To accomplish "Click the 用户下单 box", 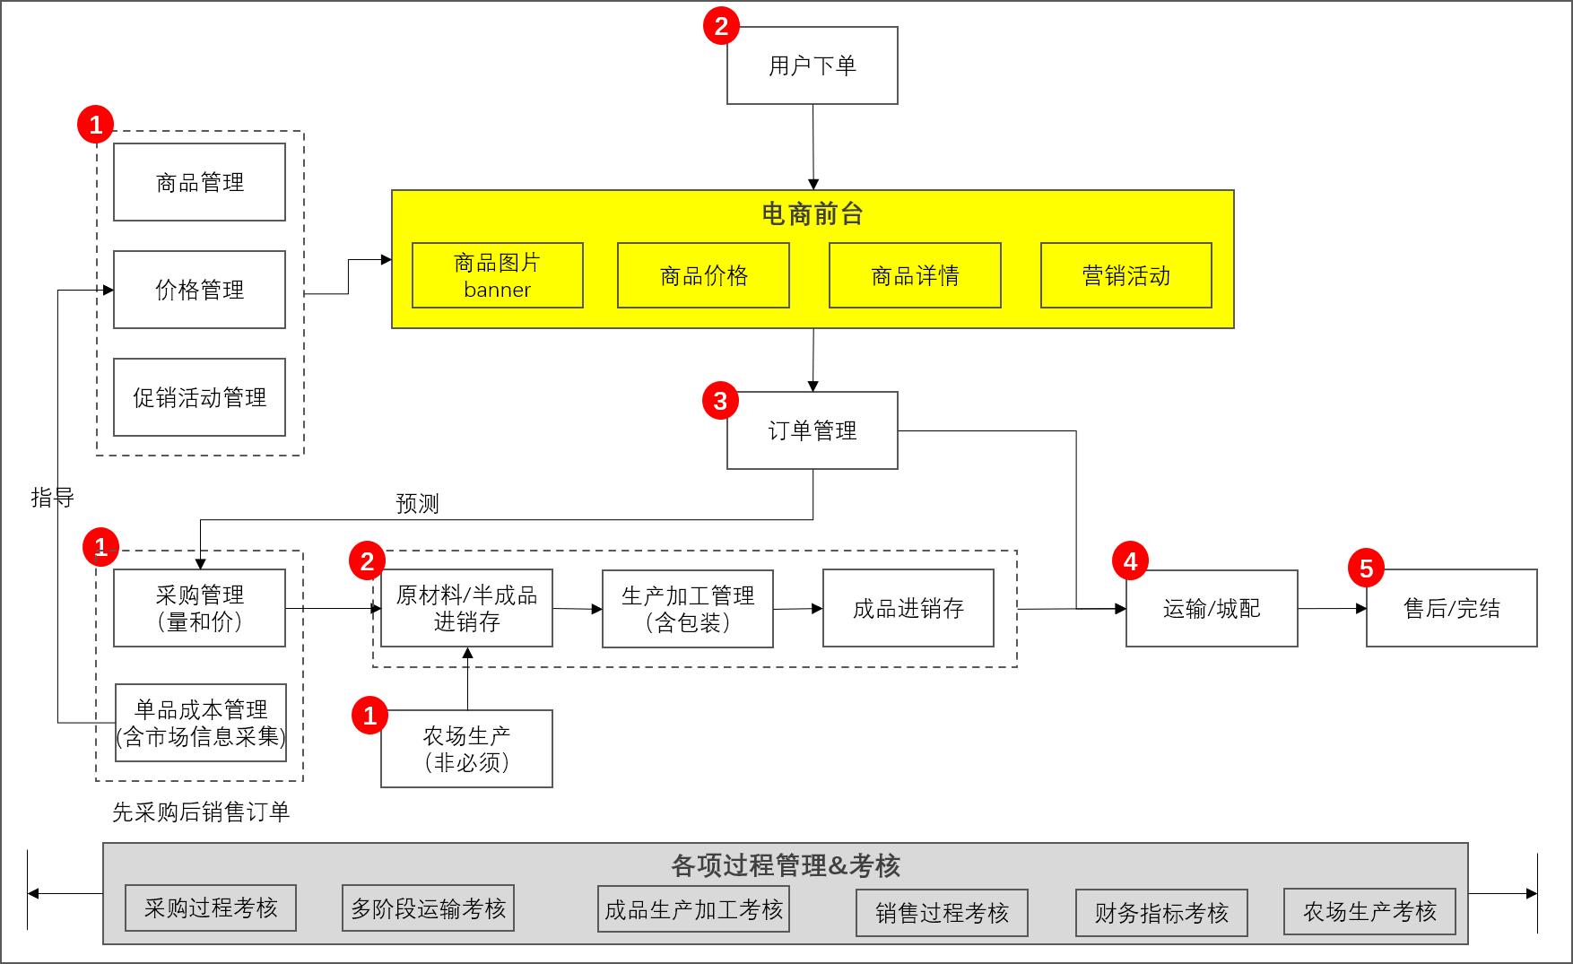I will [812, 65].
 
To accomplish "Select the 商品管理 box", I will [199, 182].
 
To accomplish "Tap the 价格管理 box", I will [199, 290].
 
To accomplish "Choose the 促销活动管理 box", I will [199, 397].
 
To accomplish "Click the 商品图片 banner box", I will [497, 275].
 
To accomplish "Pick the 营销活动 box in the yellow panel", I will [1125, 275].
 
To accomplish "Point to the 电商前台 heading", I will [812, 213].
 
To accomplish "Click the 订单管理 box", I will [812, 430].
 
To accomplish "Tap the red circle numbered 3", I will [720, 401].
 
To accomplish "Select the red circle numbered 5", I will [1366, 568].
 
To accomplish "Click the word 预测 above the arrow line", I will [418, 503].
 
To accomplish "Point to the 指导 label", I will [52, 497].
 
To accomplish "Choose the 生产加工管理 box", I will [687, 608].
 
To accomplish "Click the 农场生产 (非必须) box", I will [466, 749].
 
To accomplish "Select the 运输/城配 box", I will [1212, 608].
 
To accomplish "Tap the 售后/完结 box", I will [1451, 608].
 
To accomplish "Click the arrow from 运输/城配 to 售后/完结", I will [1332, 608].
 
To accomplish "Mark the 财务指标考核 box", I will [1160, 913].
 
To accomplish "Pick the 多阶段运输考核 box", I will [428, 908].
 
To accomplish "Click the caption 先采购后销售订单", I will [201, 812].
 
